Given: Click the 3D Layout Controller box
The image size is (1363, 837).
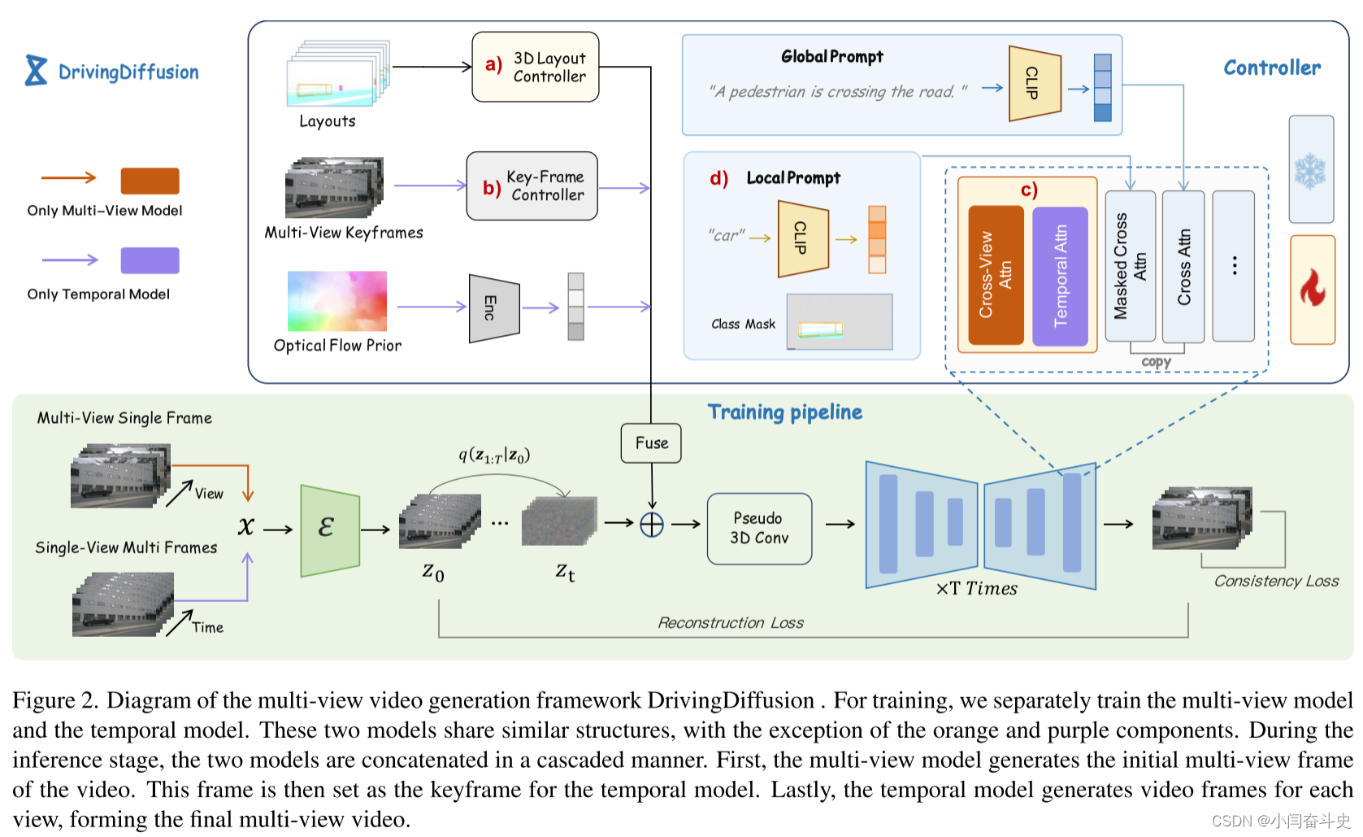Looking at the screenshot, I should pyautogui.click(x=535, y=67).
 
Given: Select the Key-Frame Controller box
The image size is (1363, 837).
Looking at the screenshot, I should pyautogui.click(x=532, y=186).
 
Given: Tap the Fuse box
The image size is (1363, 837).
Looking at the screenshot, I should pyautogui.click(x=651, y=443).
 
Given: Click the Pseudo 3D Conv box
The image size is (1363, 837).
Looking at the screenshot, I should pyautogui.click(x=759, y=529).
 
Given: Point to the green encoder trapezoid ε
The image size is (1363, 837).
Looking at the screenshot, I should pyautogui.click(x=329, y=530).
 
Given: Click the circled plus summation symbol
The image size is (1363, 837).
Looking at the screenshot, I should pyautogui.click(x=652, y=525).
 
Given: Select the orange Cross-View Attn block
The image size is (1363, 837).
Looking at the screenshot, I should pyautogui.click(x=996, y=275).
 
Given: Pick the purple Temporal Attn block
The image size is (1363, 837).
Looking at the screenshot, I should pyautogui.click(x=1060, y=276).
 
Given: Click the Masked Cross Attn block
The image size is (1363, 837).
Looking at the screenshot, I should pyautogui.click(x=1130, y=266).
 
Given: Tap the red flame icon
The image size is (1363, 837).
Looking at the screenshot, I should pyautogui.click(x=1312, y=290).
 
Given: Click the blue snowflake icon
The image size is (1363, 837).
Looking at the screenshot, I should pyautogui.click(x=1310, y=171).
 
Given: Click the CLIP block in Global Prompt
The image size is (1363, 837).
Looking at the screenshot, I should pyautogui.click(x=1034, y=84).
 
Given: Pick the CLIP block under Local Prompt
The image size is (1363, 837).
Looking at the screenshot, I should pyautogui.click(x=802, y=239).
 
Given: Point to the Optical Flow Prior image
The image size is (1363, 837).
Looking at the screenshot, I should pyautogui.click(x=336, y=302).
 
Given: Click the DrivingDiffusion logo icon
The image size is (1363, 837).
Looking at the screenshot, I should pyautogui.click(x=36, y=71).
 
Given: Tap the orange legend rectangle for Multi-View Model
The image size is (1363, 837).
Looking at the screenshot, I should pyautogui.click(x=150, y=181).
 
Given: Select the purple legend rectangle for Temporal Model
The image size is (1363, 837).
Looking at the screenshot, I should pyautogui.click(x=150, y=260).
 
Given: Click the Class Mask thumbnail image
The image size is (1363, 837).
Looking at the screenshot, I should pyautogui.click(x=840, y=322).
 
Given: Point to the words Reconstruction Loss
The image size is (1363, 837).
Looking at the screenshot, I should pyautogui.click(x=730, y=623).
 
